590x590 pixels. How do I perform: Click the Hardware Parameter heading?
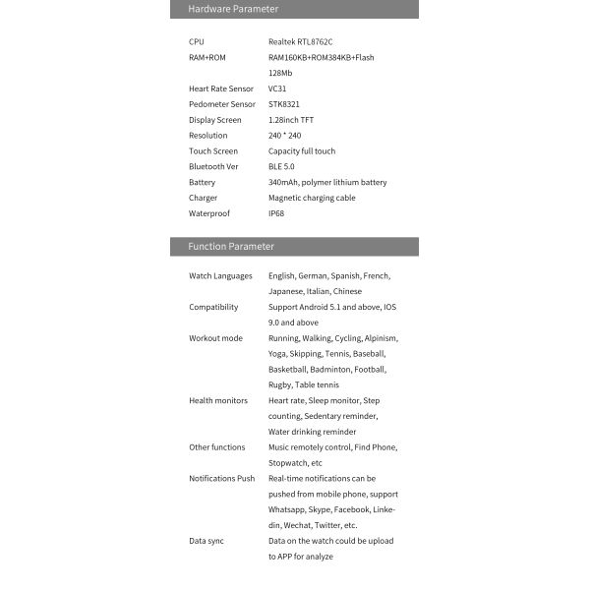point(233,9)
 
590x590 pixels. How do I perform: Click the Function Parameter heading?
point(231,246)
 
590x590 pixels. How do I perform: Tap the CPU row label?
point(197,41)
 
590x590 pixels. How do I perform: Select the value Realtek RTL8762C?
point(301,41)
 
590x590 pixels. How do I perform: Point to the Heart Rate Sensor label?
point(221,88)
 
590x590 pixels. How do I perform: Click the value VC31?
point(278,88)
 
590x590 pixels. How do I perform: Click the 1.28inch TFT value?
point(291,120)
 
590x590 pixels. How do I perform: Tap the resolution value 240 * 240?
point(285,136)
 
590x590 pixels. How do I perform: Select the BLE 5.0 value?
point(283,166)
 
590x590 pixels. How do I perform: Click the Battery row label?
point(202,182)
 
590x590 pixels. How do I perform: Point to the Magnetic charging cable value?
point(312,198)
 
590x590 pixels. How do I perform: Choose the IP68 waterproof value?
point(276,213)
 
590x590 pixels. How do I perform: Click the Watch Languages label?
point(220,276)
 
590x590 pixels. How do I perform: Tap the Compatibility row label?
point(213,307)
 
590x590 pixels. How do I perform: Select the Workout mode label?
point(215,338)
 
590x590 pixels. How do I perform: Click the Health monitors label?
point(218,400)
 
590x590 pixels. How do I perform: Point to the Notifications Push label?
point(221,479)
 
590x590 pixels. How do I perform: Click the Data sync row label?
point(206,541)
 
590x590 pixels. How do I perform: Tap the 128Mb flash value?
point(280,73)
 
